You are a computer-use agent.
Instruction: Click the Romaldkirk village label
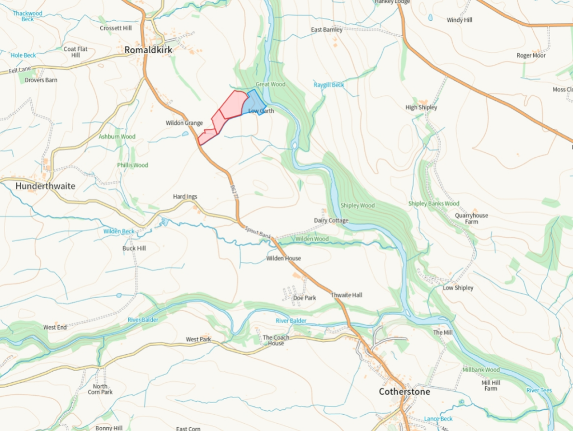point(148,50)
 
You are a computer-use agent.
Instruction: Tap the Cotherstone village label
point(405,391)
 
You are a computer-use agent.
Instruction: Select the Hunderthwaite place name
point(45,185)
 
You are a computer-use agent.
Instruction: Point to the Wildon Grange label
point(184,123)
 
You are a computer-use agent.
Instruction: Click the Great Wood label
point(270,85)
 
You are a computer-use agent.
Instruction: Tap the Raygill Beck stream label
point(329,85)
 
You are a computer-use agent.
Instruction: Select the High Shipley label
point(421,107)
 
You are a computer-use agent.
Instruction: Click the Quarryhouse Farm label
point(471,218)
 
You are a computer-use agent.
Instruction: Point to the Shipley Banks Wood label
point(434,204)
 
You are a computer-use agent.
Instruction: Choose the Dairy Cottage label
point(331,221)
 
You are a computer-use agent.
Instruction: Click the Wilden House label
point(284,259)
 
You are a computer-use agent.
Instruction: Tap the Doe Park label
point(304,298)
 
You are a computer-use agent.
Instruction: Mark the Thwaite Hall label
point(346,294)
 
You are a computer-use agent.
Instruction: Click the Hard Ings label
point(185,197)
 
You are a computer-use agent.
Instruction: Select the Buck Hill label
point(134,248)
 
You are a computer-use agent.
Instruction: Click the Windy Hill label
point(459,20)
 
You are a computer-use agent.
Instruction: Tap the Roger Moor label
point(531,55)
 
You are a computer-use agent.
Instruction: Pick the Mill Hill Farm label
point(490,385)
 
